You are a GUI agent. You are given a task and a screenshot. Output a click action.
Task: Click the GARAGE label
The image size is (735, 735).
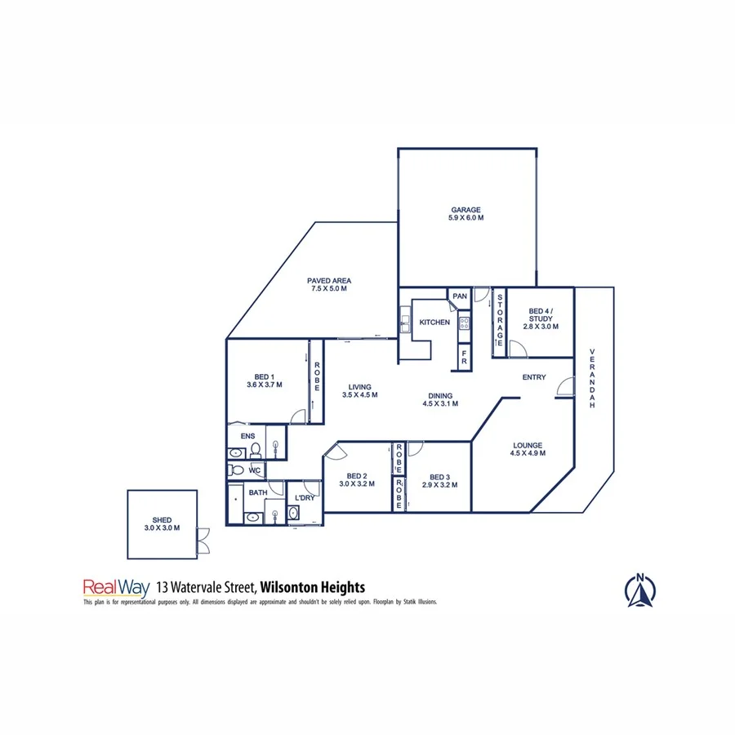(465, 214)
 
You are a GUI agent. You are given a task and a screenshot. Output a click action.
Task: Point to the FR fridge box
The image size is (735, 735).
(464, 356)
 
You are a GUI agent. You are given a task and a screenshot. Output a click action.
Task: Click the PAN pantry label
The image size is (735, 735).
(459, 296)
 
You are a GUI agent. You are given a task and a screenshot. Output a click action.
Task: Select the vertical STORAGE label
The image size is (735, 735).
(499, 319)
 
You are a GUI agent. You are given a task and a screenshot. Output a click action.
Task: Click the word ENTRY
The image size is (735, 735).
(534, 377)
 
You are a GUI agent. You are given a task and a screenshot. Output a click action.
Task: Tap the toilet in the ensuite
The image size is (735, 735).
(255, 450)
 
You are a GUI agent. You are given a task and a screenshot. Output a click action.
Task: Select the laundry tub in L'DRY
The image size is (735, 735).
(293, 513)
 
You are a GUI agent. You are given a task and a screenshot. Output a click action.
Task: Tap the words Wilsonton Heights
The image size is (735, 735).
(314, 586)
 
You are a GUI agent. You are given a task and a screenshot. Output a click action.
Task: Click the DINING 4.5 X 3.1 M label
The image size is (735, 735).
(437, 400)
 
